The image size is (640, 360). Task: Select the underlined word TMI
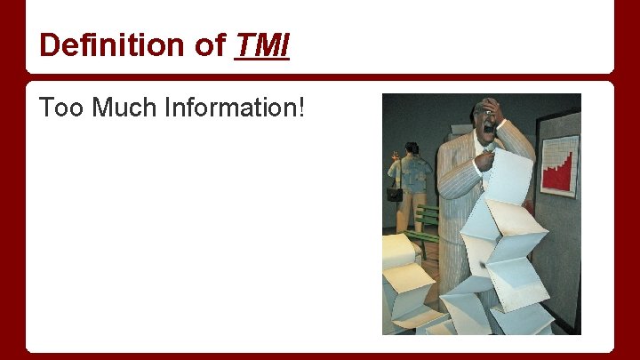coord(261,44)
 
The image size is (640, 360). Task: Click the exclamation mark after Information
coord(303,109)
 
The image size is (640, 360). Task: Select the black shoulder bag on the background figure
coord(395,193)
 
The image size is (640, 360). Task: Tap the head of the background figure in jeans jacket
coord(412,148)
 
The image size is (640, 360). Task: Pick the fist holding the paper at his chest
coord(485,161)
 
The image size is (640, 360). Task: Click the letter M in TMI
coord(265,44)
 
